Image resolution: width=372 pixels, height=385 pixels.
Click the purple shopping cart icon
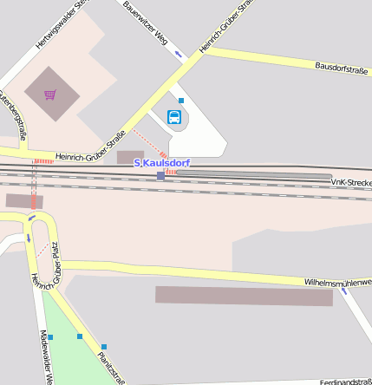pyautogui.click(x=50, y=94)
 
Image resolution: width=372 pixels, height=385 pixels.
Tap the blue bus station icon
pyautogui.click(x=174, y=116)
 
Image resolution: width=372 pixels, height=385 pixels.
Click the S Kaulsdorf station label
pyautogui.click(x=162, y=163)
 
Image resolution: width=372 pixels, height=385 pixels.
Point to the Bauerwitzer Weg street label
pyautogui.click(x=145, y=24)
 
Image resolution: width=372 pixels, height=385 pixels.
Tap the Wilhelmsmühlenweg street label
pyautogui.click(x=337, y=283)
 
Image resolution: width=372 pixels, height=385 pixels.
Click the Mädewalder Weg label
pyautogui.click(x=47, y=356)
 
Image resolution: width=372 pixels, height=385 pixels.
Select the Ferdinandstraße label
pyautogui.click(x=345, y=382)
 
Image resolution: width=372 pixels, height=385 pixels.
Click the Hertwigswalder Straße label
pyautogui.click(x=62, y=23)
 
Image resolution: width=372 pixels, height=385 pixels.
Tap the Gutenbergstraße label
pyautogui.click(x=12, y=114)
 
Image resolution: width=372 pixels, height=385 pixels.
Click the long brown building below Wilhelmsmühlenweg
pyautogui.click(x=244, y=296)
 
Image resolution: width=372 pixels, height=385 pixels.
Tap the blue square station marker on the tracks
pyautogui.click(x=160, y=176)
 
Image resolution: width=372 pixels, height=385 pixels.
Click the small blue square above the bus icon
pyautogui.click(x=181, y=101)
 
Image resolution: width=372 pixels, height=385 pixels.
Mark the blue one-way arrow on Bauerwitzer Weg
pyautogui.click(x=179, y=55)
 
